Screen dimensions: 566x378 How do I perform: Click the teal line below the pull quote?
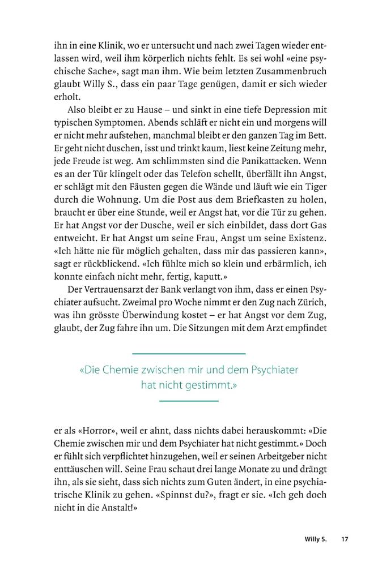pos(189,401)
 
